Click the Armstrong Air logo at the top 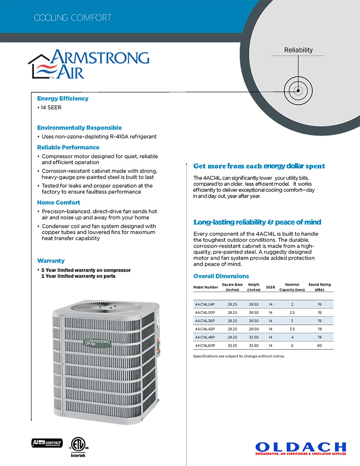(89, 64)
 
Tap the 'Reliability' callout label (298, 50)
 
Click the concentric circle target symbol (297, 90)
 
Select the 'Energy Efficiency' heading (63, 99)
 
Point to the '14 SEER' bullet (51, 108)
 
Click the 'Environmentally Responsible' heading (79, 128)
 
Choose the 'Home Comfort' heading (58, 203)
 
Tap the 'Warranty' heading (51, 261)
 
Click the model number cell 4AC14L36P (205, 321)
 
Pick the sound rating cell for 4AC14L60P (319, 345)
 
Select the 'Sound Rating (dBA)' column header (319, 287)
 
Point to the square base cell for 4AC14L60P (232, 345)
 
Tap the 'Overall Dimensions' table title (221, 276)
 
